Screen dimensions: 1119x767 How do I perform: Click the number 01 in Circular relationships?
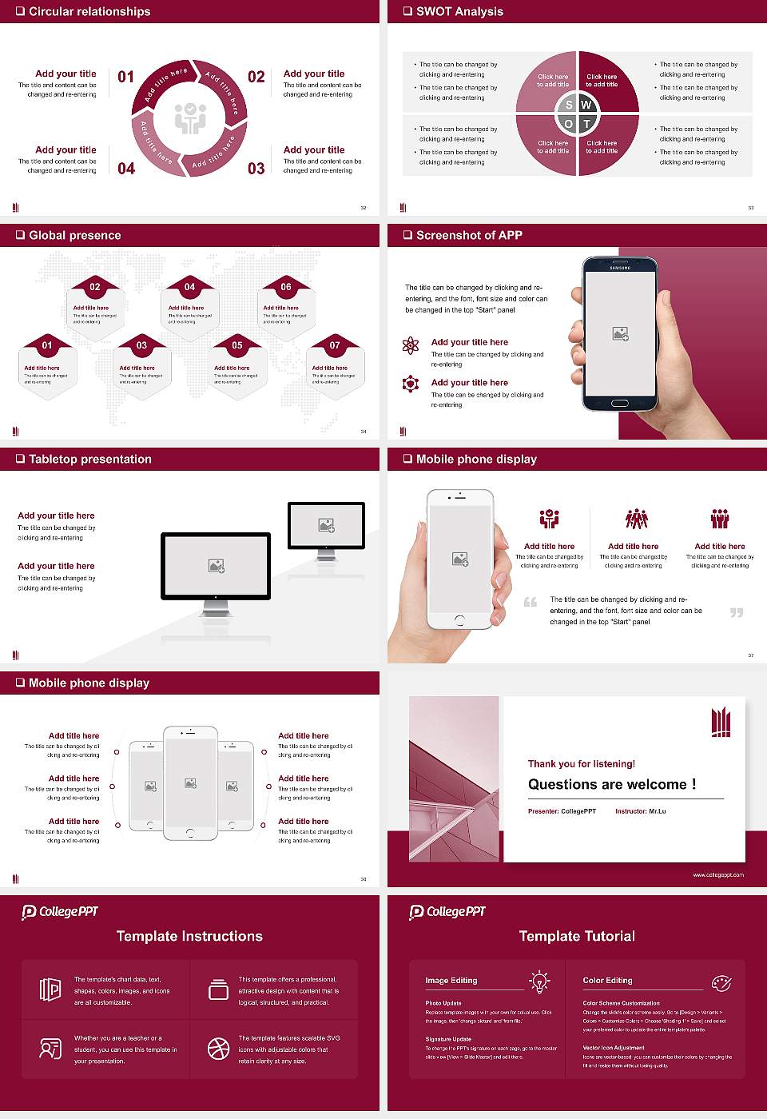coord(126,77)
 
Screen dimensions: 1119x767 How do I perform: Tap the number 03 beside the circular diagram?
coord(256,169)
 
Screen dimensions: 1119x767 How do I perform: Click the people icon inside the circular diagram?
coord(190,117)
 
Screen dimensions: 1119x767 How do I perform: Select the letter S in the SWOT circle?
coord(569,105)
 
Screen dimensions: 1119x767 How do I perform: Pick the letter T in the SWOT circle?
coord(586,124)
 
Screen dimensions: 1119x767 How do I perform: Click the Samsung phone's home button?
coord(620,404)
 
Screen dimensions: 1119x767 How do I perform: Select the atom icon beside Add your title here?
coord(411,345)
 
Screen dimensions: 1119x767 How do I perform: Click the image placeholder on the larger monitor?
coord(216,566)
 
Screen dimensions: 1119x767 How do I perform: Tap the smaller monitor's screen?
coord(326,525)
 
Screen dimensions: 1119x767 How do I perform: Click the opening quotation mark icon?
coord(530,602)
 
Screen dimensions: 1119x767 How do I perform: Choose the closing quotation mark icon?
coord(737,612)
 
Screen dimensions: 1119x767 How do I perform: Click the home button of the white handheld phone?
coord(459,620)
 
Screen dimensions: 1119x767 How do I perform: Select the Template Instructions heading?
coord(189,936)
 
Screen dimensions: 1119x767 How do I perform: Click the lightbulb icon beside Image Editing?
coord(539,981)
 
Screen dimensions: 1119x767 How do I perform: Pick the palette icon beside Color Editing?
coord(721,982)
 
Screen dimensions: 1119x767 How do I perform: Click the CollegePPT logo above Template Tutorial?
coord(447,912)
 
